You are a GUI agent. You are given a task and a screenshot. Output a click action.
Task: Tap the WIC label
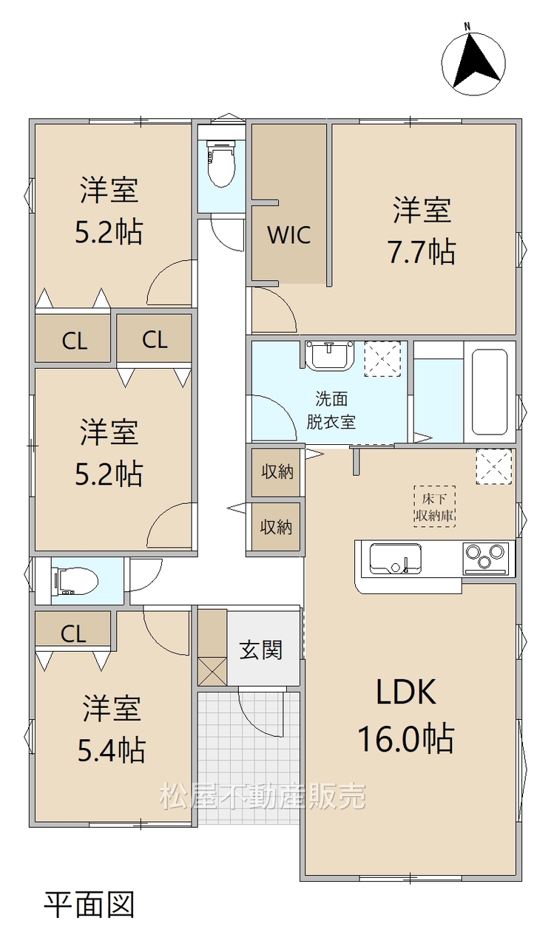pos(290,235)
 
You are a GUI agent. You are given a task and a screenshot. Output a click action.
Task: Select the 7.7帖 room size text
pos(422,252)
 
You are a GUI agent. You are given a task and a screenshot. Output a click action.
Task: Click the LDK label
pos(406,691)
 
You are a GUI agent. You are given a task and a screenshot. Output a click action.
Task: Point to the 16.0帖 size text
pos(406,739)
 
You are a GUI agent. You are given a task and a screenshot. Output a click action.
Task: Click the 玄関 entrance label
pos(261,650)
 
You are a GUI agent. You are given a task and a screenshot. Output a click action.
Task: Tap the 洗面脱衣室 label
pos(331,410)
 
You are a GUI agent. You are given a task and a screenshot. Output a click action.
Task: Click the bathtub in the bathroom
pos(490,392)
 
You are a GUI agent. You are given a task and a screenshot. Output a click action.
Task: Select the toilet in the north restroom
pos(220,163)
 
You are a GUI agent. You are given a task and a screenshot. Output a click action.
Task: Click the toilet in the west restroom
pos(75,581)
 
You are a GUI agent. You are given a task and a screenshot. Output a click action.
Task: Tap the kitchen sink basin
pos(395,559)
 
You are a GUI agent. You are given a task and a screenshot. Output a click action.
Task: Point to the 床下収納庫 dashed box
pos(434,506)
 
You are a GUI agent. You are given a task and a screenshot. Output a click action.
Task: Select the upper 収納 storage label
pos(277,472)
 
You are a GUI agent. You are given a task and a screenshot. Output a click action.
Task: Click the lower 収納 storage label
pos(276,527)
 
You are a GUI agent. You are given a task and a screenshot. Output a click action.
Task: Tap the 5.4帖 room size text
pos(112,750)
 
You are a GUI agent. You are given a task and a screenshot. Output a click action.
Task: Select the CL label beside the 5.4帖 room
pos(73,633)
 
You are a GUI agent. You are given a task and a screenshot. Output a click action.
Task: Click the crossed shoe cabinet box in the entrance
pos(212,672)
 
